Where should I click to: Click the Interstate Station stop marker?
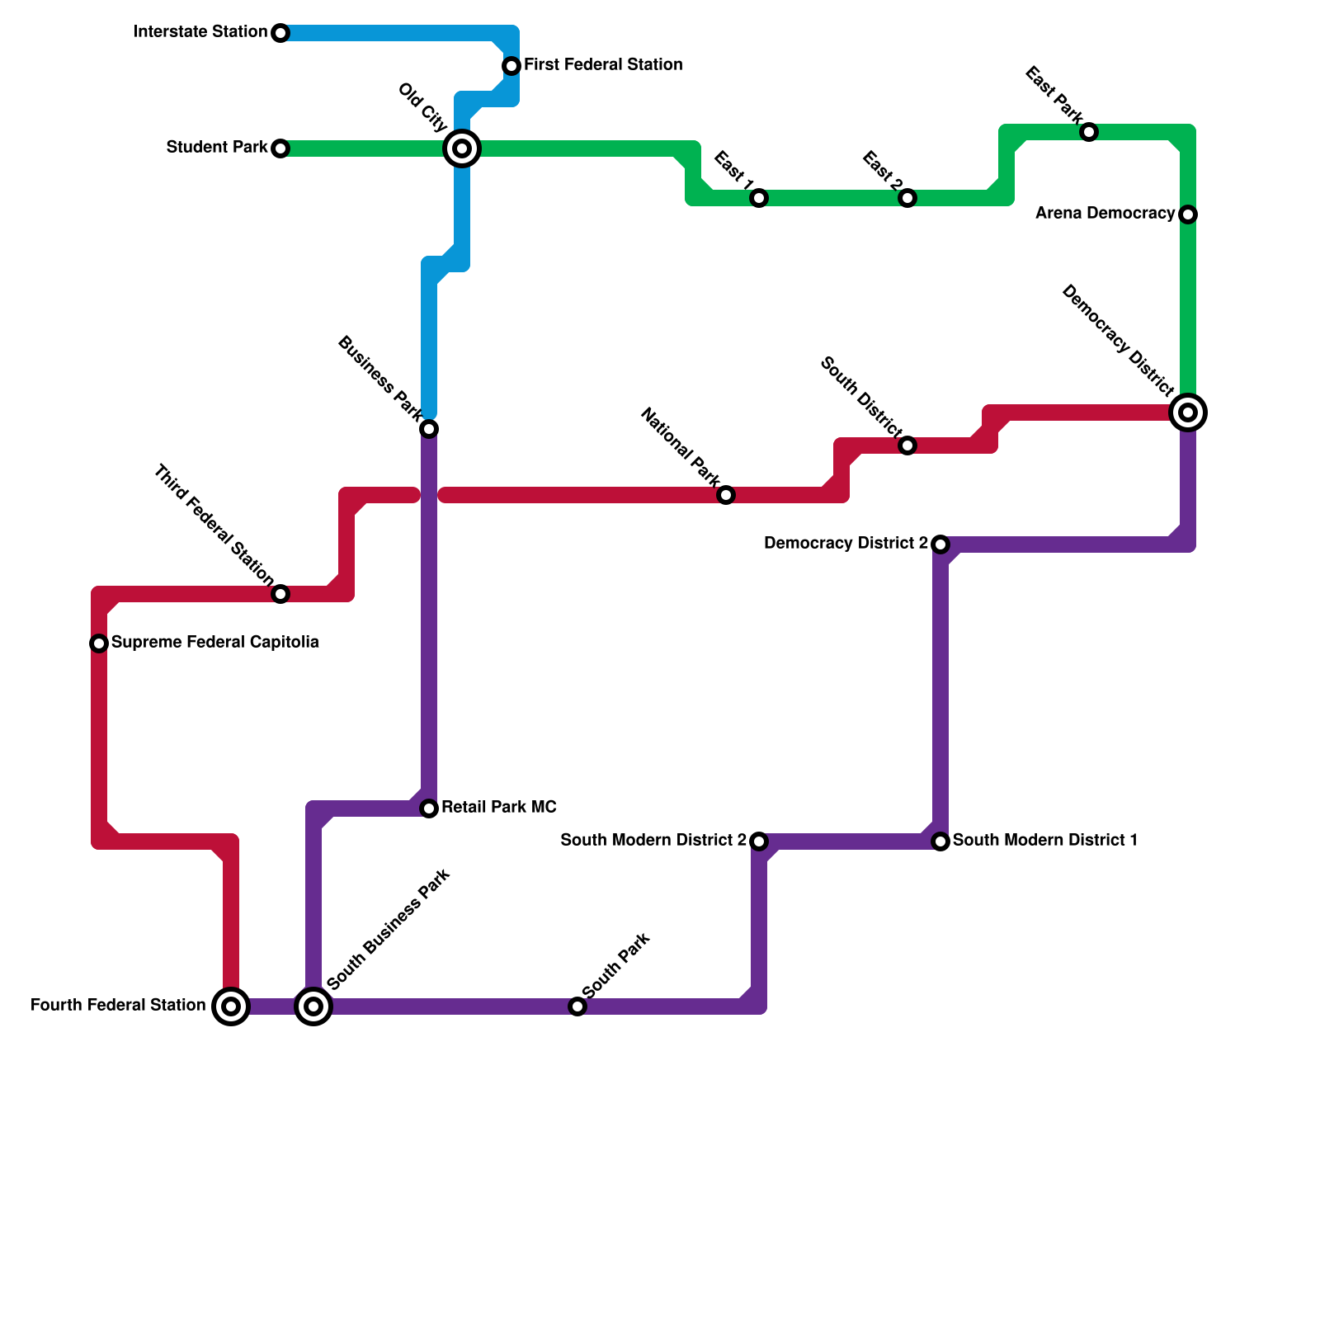click(x=280, y=33)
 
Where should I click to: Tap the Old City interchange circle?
click(x=462, y=148)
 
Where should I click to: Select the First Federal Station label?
click(x=603, y=64)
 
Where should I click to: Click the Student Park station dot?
click(x=280, y=148)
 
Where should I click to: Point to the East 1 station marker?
click(x=759, y=198)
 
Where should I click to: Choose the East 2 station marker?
click(x=907, y=198)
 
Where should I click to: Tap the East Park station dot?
click(x=1089, y=132)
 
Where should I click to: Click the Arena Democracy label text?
click(x=1105, y=214)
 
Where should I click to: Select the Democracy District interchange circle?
click(x=1188, y=412)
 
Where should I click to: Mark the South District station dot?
click(x=907, y=445)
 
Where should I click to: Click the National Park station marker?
click(x=726, y=495)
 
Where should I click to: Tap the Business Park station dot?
click(x=429, y=429)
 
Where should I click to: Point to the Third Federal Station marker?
click(x=280, y=594)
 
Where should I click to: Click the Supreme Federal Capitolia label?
click(x=215, y=642)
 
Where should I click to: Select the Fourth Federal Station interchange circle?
click(x=231, y=1006)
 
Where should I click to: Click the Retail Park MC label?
click(x=499, y=807)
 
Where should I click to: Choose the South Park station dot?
click(x=577, y=1006)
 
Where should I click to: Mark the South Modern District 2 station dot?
click(x=759, y=841)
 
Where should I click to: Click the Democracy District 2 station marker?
click(x=940, y=544)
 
